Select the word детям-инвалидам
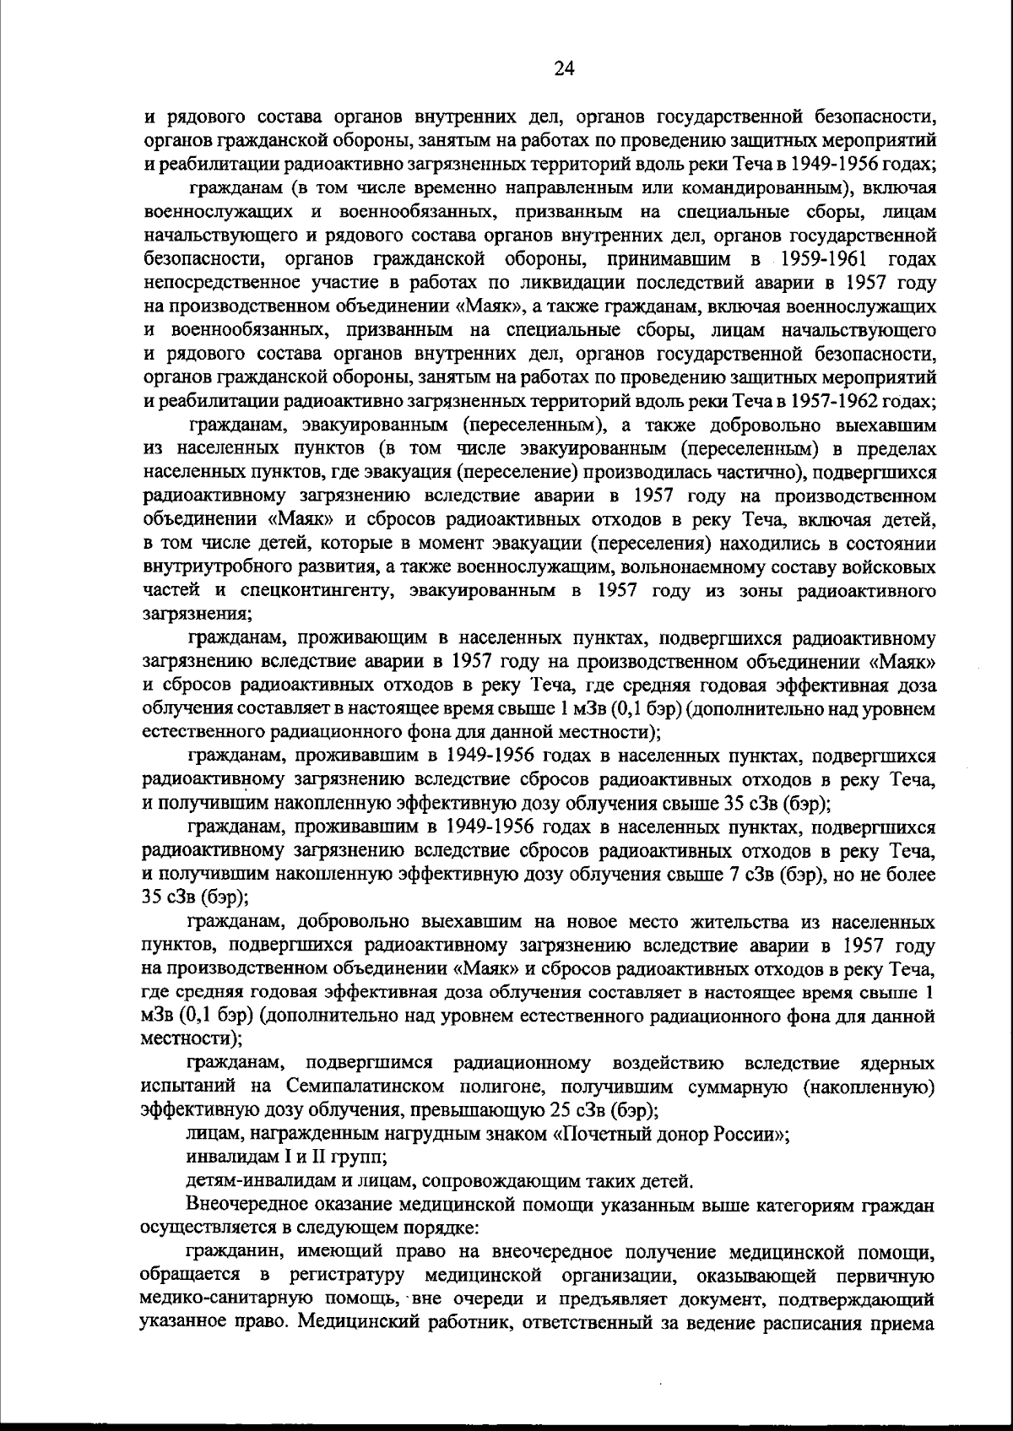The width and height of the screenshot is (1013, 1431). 252,1179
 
